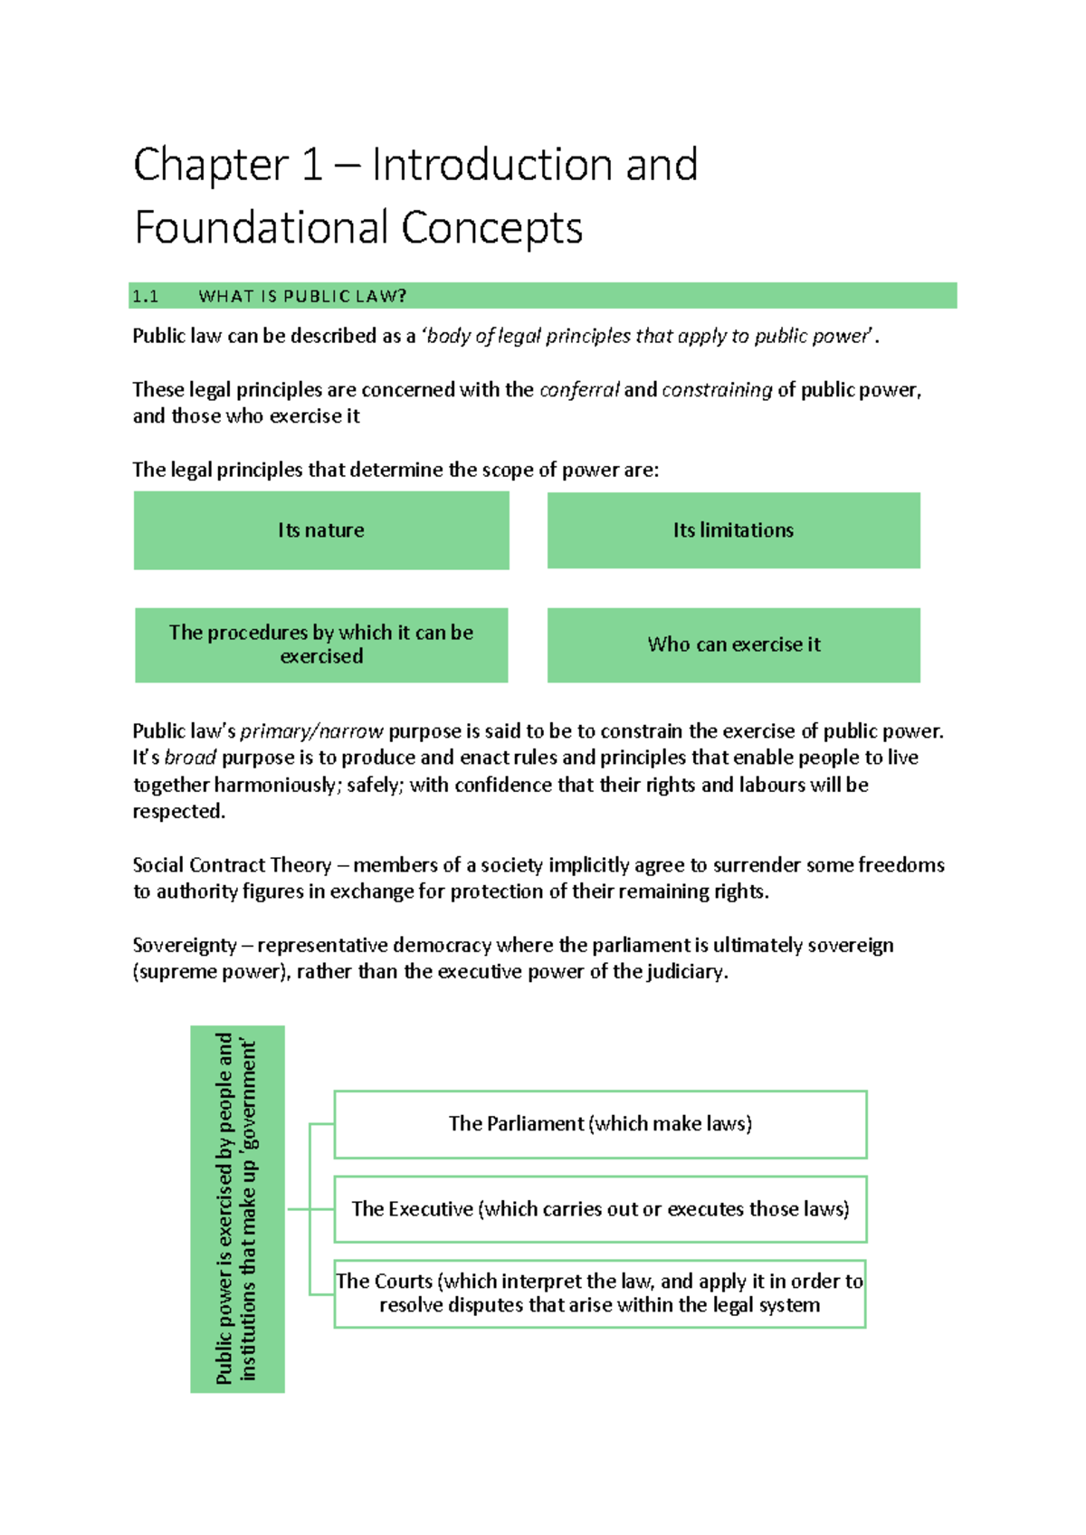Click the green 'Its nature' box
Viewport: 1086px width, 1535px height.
tap(321, 530)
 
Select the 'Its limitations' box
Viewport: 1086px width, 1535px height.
tap(733, 530)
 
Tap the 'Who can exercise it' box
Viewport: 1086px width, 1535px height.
tap(733, 644)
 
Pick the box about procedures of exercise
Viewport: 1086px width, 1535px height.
tap(321, 644)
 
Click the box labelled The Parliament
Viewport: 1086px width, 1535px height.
tap(600, 1124)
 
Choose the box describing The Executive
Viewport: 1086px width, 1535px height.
tap(600, 1209)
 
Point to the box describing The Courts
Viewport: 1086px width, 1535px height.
tap(600, 1293)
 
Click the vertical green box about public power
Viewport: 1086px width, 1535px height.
tap(237, 1208)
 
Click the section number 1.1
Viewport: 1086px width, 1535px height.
tap(145, 296)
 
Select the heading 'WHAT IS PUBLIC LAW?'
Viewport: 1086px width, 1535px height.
tap(302, 296)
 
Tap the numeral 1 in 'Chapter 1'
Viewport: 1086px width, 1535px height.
tap(311, 166)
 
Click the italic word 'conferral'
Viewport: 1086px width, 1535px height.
tap(579, 390)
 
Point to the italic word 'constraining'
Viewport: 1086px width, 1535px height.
tap(717, 390)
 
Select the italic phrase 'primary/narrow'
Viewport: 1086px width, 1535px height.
tap(311, 731)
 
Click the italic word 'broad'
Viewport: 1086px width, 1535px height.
tap(190, 758)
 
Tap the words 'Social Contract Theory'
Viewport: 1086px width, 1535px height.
tap(232, 865)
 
